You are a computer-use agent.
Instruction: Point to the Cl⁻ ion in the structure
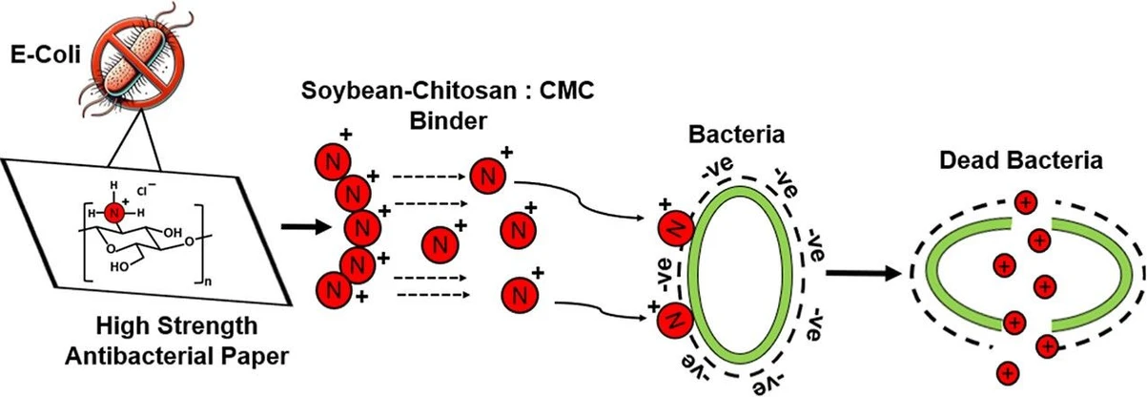pos(153,189)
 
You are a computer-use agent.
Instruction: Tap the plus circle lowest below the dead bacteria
pos(1007,372)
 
